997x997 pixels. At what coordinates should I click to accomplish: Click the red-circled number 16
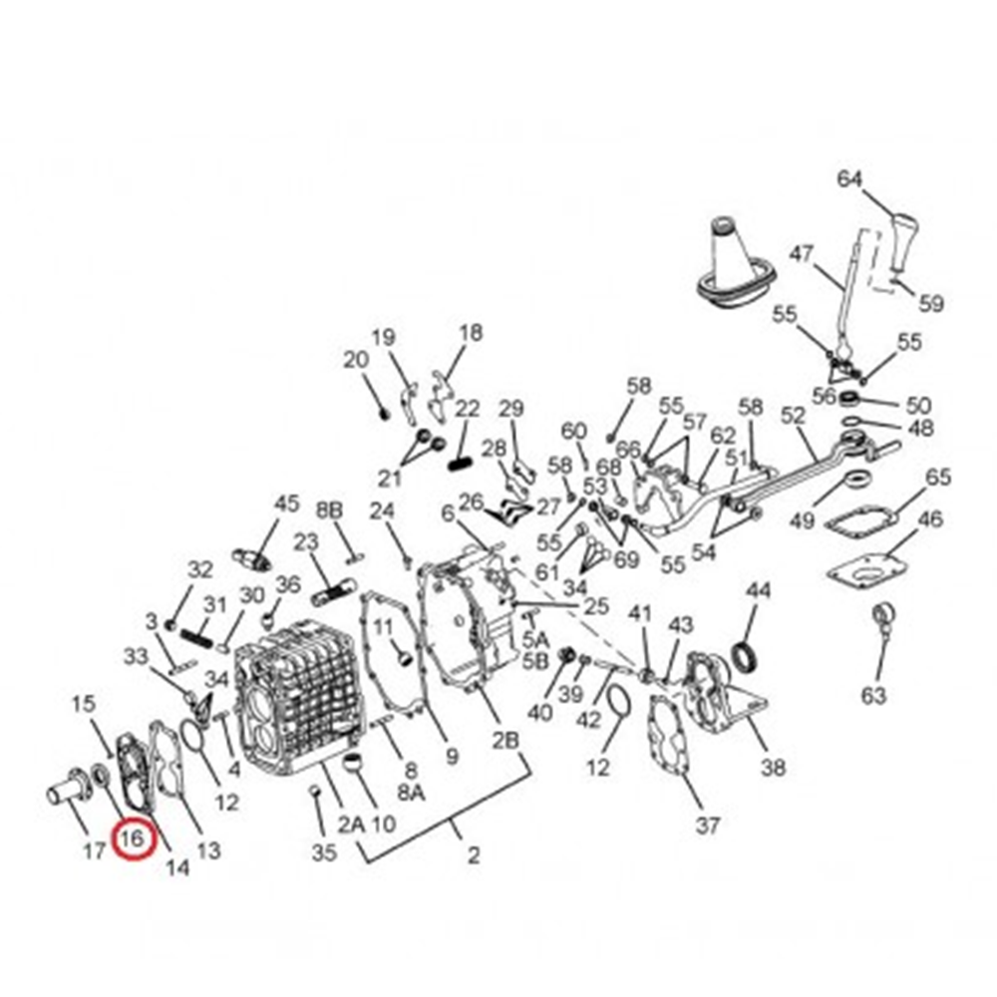tap(133, 838)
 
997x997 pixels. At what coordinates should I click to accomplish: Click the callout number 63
tap(873, 695)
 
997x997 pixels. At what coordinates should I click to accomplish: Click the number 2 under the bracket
tap(473, 855)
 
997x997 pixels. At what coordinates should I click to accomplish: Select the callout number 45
tap(286, 503)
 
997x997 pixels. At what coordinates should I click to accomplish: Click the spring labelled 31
tap(198, 636)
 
